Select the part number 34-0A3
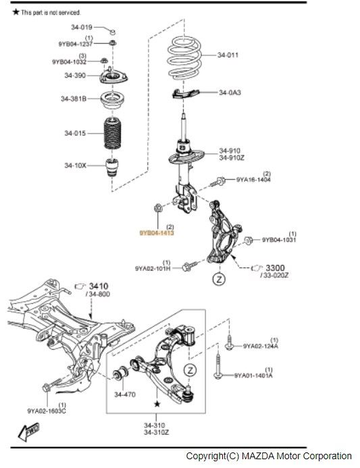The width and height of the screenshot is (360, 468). click(x=230, y=93)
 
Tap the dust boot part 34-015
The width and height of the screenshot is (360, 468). click(x=113, y=134)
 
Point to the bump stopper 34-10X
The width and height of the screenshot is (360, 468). click(x=112, y=167)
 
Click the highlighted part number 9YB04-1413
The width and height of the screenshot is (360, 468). click(x=157, y=233)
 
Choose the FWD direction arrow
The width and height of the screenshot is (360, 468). click(x=28, y=432)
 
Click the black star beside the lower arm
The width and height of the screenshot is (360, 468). click(x=157, y=404)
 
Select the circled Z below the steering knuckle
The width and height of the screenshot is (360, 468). click(x=220, y=279)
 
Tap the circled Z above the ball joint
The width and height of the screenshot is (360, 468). click(x=190, y=370)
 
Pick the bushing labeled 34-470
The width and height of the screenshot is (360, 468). click(x=121, y=373)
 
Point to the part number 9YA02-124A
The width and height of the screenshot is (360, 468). click(x=260, y=346)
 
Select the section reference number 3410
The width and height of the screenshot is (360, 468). click(x=99, y=286)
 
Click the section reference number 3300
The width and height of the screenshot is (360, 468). click(x=275, y=267)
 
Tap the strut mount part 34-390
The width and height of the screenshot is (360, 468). click(x=113, y=76)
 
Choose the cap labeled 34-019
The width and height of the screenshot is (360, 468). click(x=113, y=32)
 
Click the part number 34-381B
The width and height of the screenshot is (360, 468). click(x=74, y=99)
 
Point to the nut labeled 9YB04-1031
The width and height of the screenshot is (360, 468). click(x=249, y=240)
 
